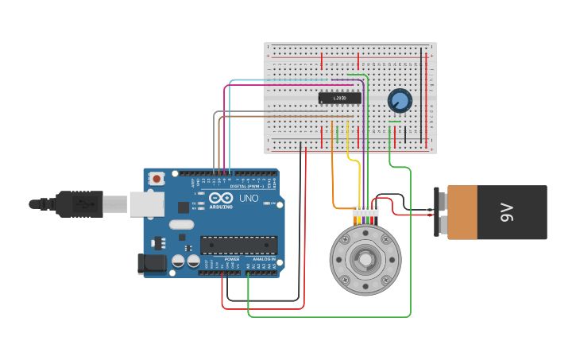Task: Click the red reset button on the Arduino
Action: point(157,179)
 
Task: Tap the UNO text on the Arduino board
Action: point(249,198)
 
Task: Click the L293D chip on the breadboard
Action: point(339,99)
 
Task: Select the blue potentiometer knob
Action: point(400,101)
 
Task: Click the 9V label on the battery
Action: point(506,212)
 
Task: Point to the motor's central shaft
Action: point(365,259)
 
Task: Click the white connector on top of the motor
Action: point(365,211)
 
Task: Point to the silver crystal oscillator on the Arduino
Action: point(181,224)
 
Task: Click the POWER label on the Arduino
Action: point(232,259)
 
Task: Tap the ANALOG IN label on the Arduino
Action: point(264,259)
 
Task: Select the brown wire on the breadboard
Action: point(286,118)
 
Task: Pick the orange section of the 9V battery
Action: point(462,212)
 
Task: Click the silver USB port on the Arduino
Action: point(147,204)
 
